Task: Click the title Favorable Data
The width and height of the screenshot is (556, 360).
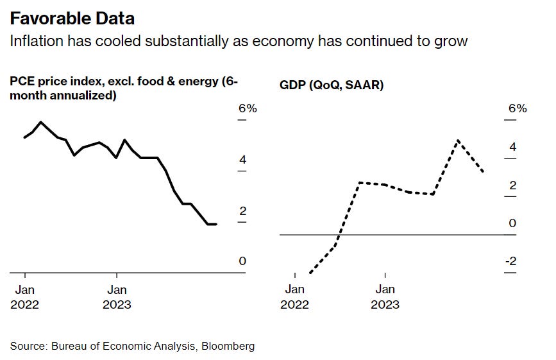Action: [72, 17]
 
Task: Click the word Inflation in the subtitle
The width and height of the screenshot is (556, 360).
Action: [32, 42]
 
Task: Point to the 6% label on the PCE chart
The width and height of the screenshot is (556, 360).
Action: [248, 108]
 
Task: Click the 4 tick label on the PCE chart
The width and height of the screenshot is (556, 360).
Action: [242, 160]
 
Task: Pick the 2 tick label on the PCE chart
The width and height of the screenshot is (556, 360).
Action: [242, 210]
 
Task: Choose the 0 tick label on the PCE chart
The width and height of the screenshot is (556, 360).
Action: [242, 261]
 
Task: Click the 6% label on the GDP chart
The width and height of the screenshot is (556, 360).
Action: [518, 108]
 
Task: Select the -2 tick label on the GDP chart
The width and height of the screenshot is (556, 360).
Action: [510, 261]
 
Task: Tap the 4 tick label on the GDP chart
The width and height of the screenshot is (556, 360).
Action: [512, 147]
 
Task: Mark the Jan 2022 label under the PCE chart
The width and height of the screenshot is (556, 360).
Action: [24, 297]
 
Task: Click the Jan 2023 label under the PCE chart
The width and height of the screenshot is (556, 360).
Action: [117, 297]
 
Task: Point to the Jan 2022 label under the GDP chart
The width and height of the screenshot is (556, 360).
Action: [294, 297]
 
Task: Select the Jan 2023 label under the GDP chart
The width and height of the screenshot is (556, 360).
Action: [385, 297]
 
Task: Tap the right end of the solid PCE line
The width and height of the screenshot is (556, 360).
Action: [216, 224]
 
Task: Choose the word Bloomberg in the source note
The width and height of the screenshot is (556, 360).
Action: [228, 346]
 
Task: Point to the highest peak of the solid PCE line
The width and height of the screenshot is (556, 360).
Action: [41, 122]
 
